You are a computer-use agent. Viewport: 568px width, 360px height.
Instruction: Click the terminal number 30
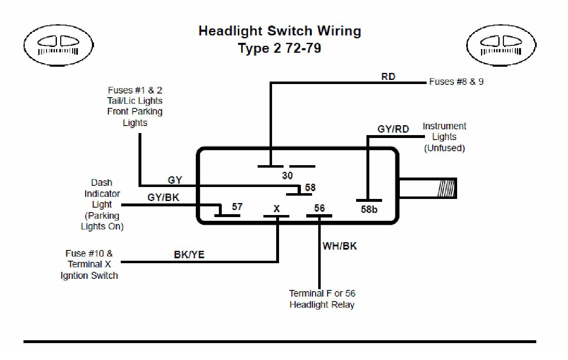click(x=287, y=175)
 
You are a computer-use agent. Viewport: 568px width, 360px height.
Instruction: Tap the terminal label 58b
click(x=369, y=209)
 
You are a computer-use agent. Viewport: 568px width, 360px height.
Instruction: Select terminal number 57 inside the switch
click(x=237, y=206)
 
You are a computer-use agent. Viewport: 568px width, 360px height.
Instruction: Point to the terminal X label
click(x=277, y=209)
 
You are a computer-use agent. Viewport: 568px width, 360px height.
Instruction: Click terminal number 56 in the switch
click(x=319, y=208)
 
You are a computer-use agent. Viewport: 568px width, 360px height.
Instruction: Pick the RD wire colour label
click(x=388, y=77)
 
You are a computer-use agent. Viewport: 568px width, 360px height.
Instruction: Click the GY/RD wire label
click(x=393, y=129)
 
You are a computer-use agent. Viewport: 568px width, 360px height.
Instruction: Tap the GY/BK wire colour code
click(x=163, y=197)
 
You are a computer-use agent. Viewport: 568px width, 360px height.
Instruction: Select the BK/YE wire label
click(x=189, y=255)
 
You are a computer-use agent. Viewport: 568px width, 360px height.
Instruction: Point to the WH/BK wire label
click(x=340, y=246)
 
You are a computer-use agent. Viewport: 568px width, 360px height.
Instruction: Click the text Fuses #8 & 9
click(x=456, y=82)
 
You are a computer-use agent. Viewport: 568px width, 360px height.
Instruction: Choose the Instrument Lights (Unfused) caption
click(x=444, y=137)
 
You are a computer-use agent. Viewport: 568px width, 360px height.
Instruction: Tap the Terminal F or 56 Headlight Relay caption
click(x=322, y=299)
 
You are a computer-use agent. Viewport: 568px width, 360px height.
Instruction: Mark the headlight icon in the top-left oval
click(x=59, y=45)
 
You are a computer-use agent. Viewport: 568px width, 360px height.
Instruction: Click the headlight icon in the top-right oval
click(x=501, y=45)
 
